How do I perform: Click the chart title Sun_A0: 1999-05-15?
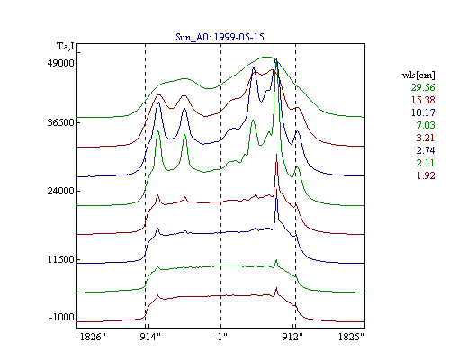pos(220,37)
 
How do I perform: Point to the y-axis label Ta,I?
pos(66,47)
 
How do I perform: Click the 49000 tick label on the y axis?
pos(60,63)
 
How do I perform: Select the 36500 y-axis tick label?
pos(60,122)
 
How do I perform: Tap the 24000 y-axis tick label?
pos(60,191)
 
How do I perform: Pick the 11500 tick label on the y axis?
pos(61,259)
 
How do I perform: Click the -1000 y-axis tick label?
pos(61,317)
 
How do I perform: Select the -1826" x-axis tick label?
pos(91,337)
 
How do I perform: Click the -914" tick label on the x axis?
pos(148,337)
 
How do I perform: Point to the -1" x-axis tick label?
pos(220,337)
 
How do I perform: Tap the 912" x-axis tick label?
pos(292,337)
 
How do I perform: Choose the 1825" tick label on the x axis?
pos(351,337)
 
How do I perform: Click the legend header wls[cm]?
pos(418,75)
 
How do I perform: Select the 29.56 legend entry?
pos(423,87)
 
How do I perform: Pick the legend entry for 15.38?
pos(423,100)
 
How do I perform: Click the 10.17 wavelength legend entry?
pos(423,112)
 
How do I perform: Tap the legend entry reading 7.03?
pos(426,125)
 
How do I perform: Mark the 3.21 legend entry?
pos(426,138)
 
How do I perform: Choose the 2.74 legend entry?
pos(426,150)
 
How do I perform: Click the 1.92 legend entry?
pos(426,175)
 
